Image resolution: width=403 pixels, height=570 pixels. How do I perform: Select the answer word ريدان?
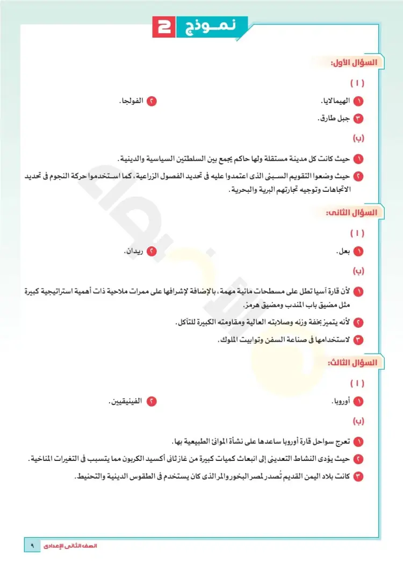coord(134,251)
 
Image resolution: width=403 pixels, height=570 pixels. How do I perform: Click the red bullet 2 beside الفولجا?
coord(152,101)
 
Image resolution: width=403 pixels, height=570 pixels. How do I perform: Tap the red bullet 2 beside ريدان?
coord(152,251)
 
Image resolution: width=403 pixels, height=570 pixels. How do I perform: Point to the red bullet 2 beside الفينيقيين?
coord(152,401)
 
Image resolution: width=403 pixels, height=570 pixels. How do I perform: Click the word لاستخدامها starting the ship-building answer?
coord(334,339)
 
